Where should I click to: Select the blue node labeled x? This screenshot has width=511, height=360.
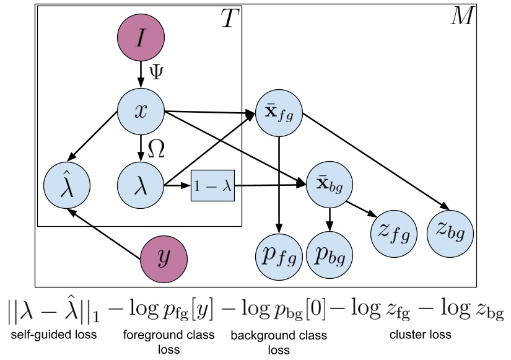coord(141,112)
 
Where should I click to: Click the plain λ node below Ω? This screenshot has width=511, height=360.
coord(141,185)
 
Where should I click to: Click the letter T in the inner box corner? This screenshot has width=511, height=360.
coord(230,20)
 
